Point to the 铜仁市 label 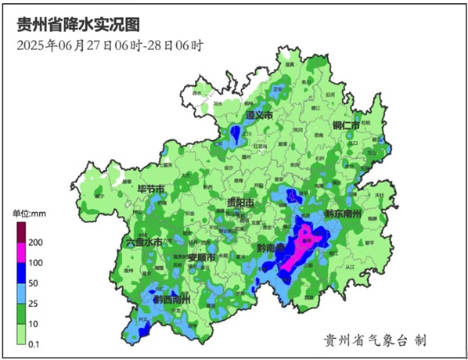point(345,125)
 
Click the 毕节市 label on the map point(150,190)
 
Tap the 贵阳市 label point(239,203)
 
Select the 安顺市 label point(201,257)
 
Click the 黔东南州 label point(341,214)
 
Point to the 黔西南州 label point(171,299)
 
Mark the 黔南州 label point(272,248)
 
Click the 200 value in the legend point(35,243)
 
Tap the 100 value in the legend point(35,263)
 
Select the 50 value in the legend point(33,283)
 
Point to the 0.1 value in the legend point(34,343)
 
